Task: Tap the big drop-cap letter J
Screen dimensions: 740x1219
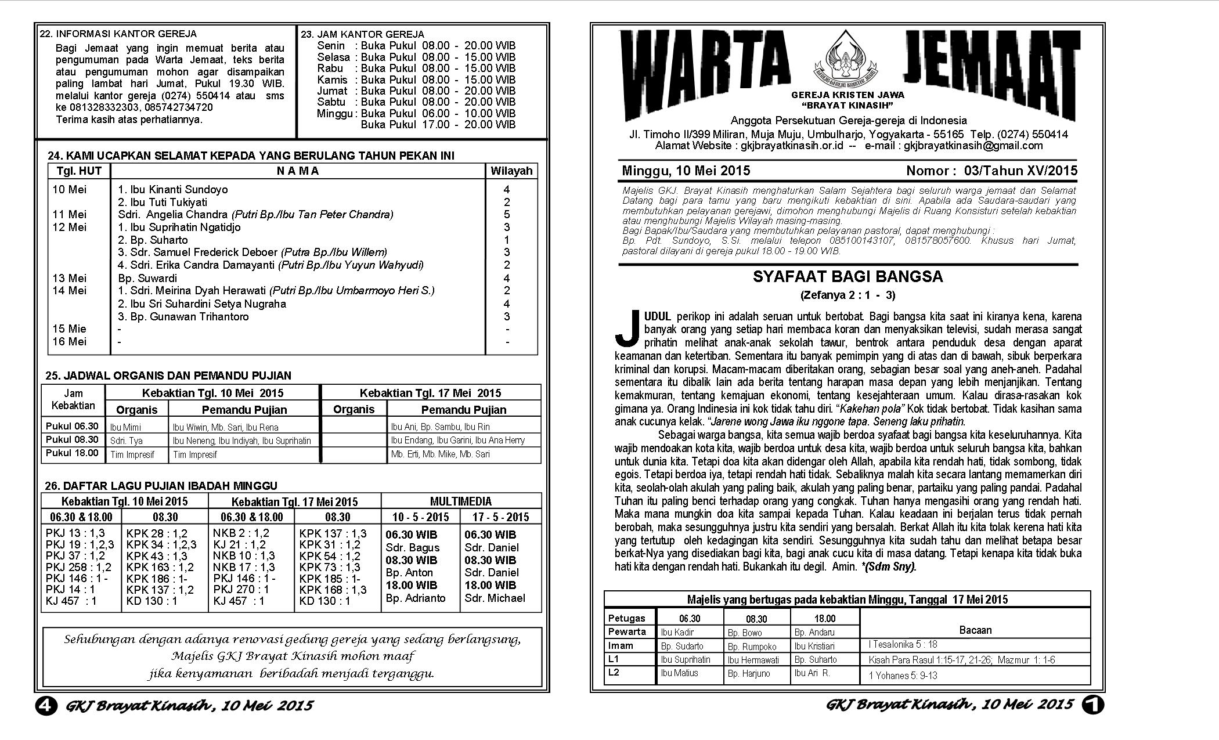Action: (x=627, y=329)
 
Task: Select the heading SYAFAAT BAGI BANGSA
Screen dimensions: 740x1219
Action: (x=847, y=277)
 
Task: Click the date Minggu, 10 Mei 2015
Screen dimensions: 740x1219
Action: (x=686, y=171)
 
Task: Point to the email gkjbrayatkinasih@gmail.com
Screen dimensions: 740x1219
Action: (x=973, y=146)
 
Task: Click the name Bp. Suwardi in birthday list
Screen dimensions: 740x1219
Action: (x=147, y=278)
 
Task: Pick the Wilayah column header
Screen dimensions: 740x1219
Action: (x=511, y=171)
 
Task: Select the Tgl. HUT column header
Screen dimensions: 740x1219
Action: (x=79, y=171)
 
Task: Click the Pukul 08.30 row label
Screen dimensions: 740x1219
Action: (x=73, y=440)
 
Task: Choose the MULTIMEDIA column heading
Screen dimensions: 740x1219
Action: (x=460, y=501)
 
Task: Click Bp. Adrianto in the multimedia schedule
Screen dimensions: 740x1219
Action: (x=416, y=598)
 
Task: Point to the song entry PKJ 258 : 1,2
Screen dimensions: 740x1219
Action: (x=78, y=567)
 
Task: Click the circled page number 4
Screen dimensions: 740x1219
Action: (x=46, y=706)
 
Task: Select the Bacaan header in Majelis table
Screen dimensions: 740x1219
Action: (x=975, y=630)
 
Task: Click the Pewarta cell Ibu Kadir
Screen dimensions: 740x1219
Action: (x=677, y=632)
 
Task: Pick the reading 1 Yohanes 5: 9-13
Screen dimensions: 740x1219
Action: (x=903, y=676)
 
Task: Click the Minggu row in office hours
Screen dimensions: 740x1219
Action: (x=416, y=114)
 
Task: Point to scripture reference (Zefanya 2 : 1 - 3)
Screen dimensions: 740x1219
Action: (x=847, y=295)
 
